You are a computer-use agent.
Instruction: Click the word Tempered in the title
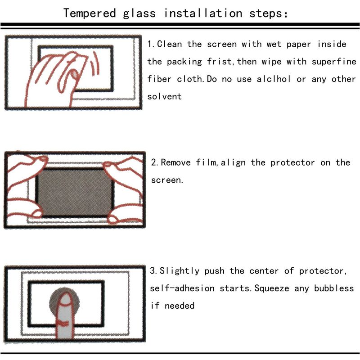click(90, 13)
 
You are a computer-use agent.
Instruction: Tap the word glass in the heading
click(139, 14)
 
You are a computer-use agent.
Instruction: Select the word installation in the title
click(203, 13)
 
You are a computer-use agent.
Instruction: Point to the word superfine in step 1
click(334, 62)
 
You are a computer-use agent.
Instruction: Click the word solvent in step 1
click(164, 96)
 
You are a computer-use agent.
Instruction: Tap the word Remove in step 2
click(175, 162)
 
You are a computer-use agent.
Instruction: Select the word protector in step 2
click(292, 163)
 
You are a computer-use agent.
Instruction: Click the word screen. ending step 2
click(167, 180)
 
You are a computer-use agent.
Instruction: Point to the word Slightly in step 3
click(179, 271)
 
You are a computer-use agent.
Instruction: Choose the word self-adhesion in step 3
click(182, 288)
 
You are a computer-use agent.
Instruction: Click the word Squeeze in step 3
click(272, 288)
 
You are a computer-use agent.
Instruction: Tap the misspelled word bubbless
click(334, 288)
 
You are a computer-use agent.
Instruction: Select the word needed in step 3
click(180, 306)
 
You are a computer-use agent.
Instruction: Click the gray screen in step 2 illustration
click(75, 193)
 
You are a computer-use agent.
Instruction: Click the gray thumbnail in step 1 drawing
click(75, 74)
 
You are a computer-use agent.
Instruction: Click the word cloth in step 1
click(190, 79)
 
